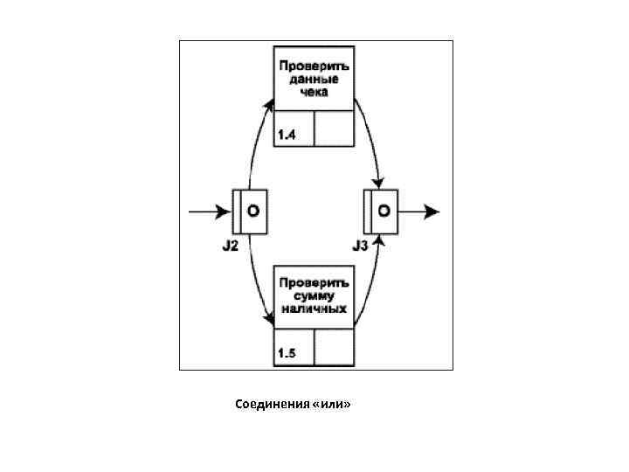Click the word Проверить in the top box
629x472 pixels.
(x=314, y=66)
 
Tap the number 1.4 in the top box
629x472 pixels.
(x=287, y=135)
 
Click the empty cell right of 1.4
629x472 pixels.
(x=333, y=128)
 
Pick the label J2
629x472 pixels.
(x=230, y=246)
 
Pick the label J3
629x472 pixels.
(x=361, y=246)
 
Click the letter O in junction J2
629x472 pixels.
(x=253, y=212)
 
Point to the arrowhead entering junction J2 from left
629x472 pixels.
(x=225, y=212)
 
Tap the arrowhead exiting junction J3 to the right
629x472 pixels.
(x=432, y=212)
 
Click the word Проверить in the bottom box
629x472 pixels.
(x=314, y=283)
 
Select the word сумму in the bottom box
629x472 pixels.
(x=314, y=295)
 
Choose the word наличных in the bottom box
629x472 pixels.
(x=314, y=308)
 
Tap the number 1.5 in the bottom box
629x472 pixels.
(x=287, y=353)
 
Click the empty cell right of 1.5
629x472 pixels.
(x=333, y=347)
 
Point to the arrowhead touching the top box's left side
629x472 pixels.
(x=269, y=104)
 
